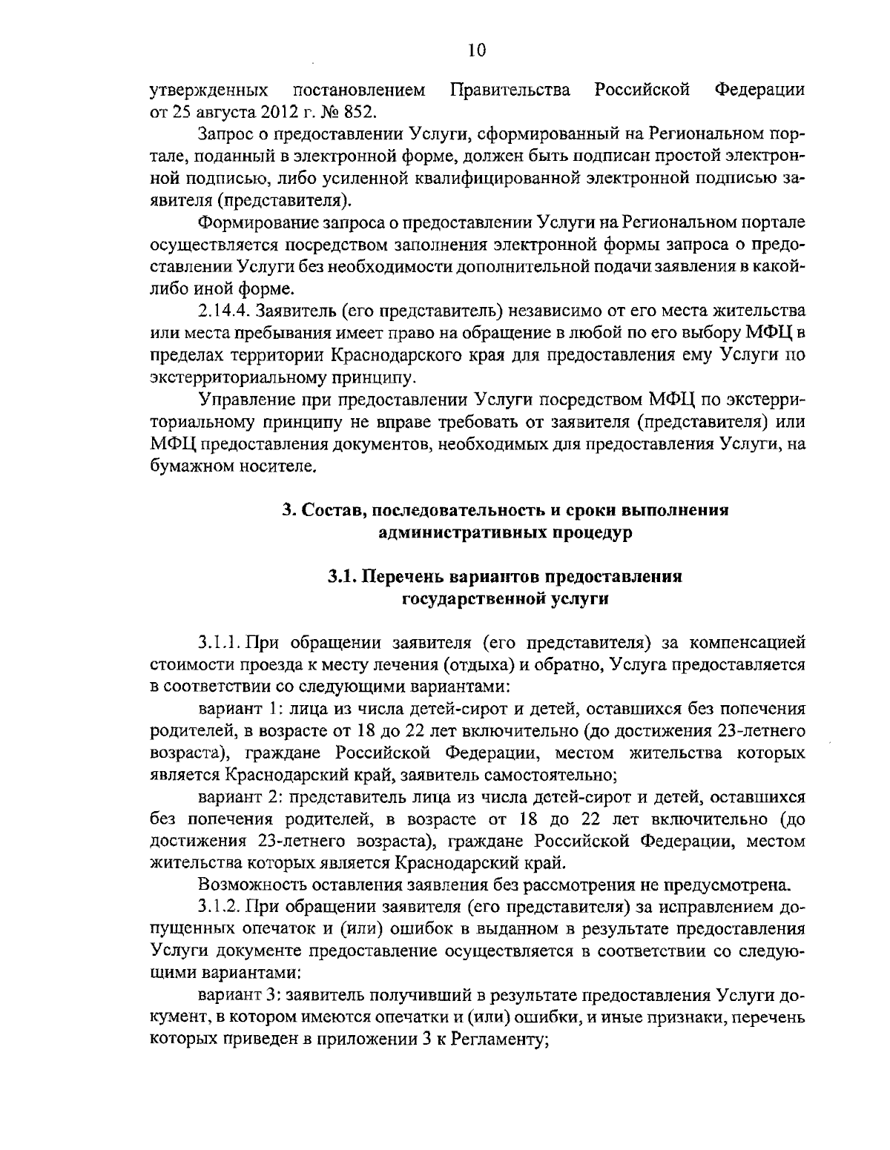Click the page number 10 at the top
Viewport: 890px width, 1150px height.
[x=477, y=50]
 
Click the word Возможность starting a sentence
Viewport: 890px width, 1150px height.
[x=245, y=884]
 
